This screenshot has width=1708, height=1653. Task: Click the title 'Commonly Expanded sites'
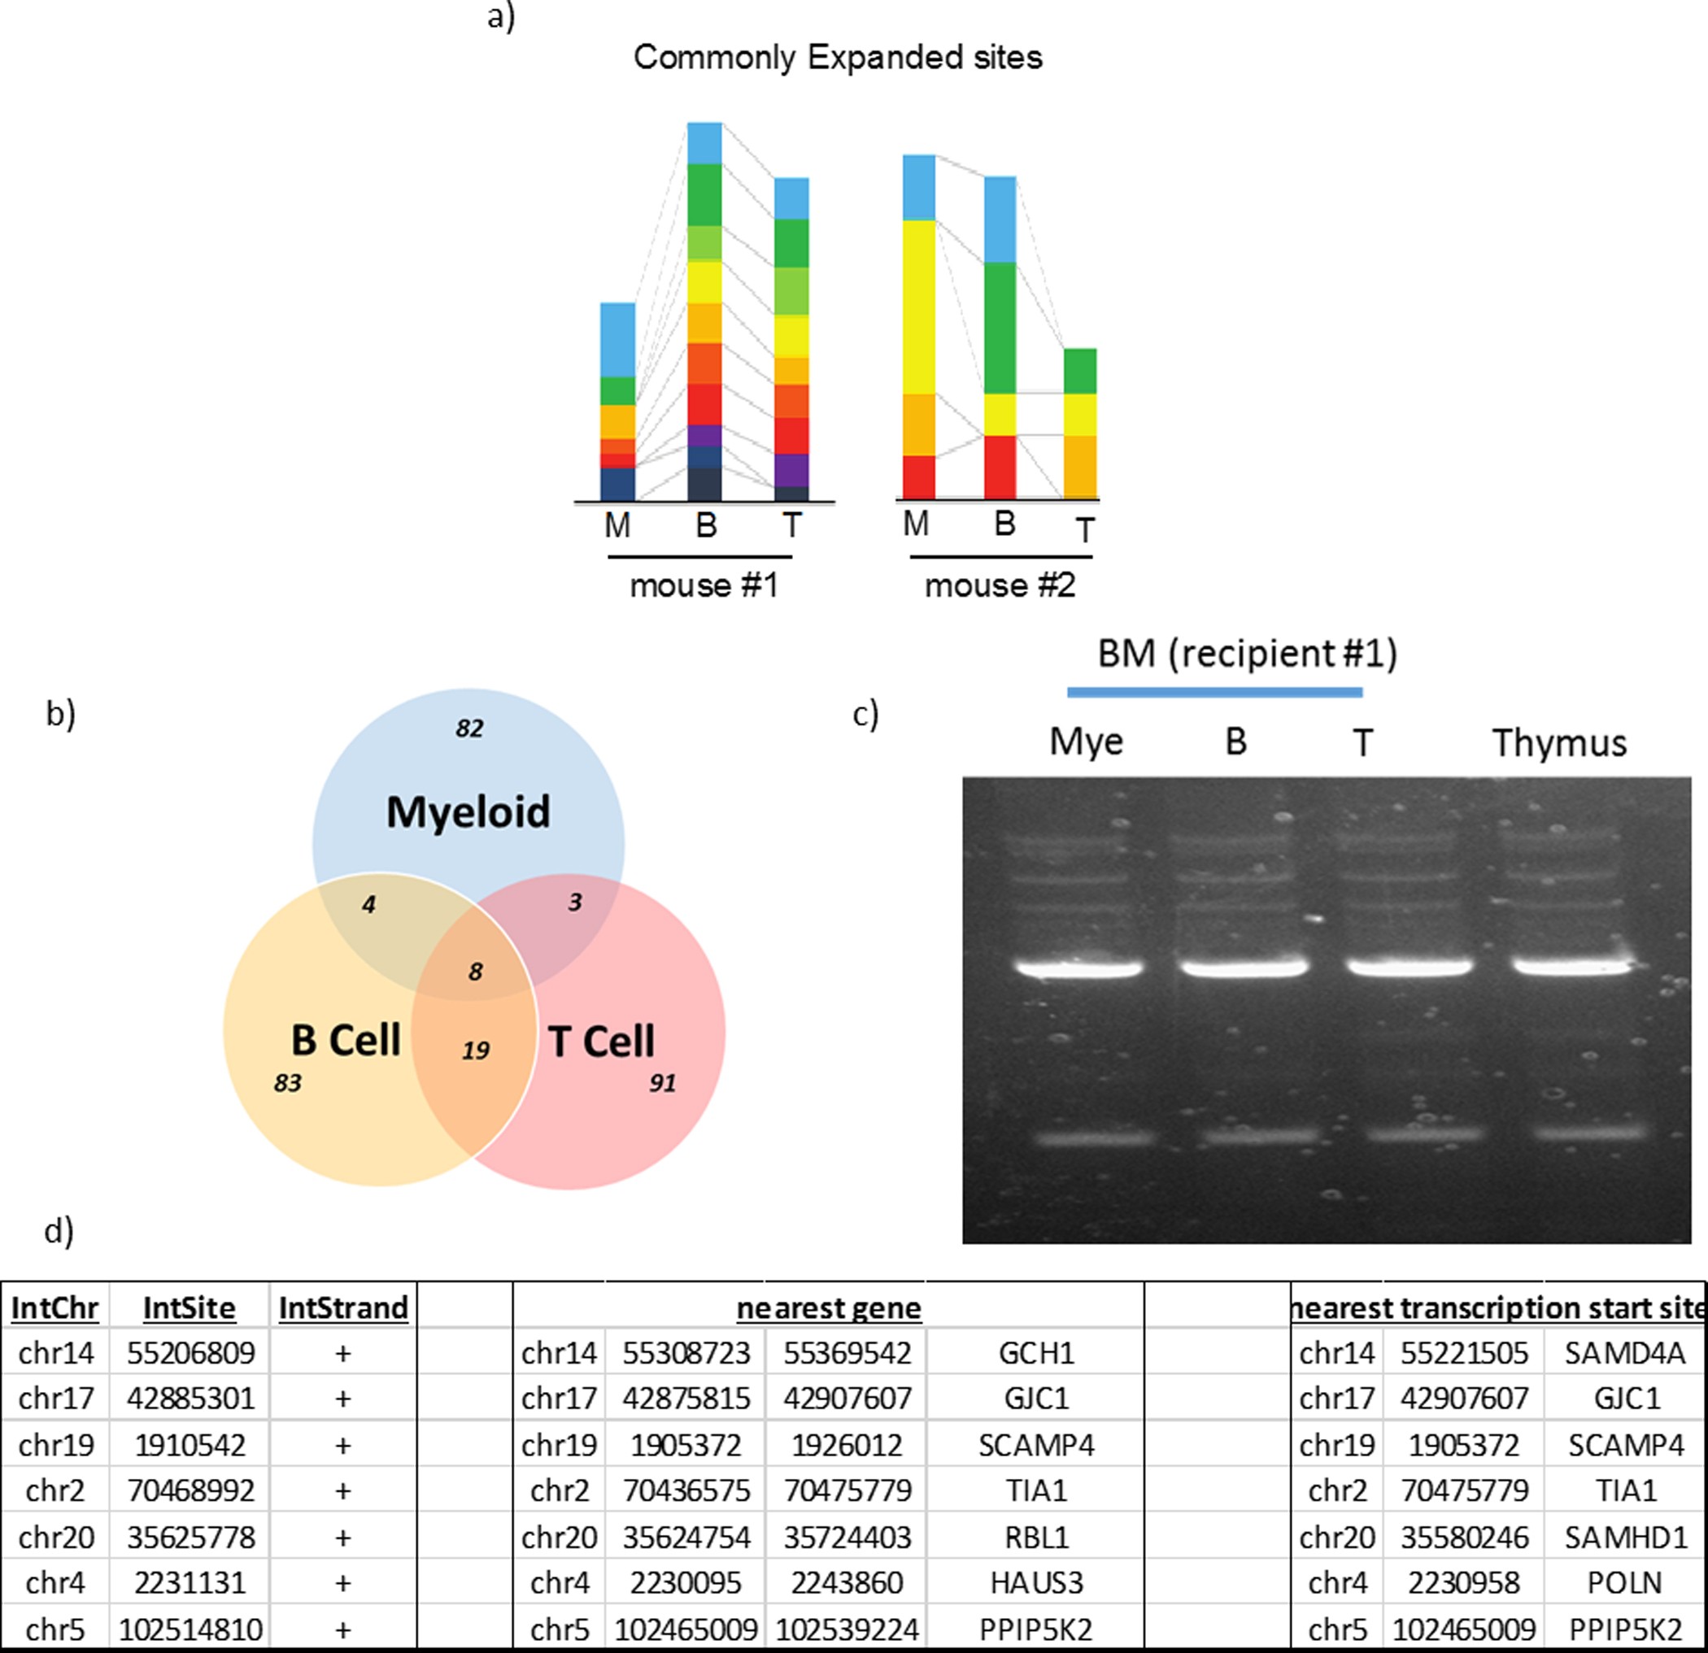(838, 58)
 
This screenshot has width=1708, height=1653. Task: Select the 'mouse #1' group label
(704, 585)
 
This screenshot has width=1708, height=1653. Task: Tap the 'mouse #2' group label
(1000, 585)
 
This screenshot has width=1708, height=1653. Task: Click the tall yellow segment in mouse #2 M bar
(918, 307)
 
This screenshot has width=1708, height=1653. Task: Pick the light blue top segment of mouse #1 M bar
(617, 339)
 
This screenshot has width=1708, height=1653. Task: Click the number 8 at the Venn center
(475, 972)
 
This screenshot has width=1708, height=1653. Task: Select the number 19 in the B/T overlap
(476, 1050)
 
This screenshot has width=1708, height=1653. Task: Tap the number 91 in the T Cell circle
(662, 1082)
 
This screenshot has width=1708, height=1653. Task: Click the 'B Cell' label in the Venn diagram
(345, 1040)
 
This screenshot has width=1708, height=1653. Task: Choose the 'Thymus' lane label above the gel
(1559, 743)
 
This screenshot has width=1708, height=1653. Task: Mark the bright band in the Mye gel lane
(1081, 968)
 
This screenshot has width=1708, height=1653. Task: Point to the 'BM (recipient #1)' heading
(1247, 654)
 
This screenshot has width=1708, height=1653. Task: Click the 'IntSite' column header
(189, 1308)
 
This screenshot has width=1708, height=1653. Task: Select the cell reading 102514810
(190, 1629)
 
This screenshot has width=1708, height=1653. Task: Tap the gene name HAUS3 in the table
(1036, 1582)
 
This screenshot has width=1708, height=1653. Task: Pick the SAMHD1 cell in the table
(1625, 1537)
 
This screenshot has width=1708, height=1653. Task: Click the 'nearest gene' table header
(828, 1308)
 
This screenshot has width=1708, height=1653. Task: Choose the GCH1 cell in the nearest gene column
(1036, 1353)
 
